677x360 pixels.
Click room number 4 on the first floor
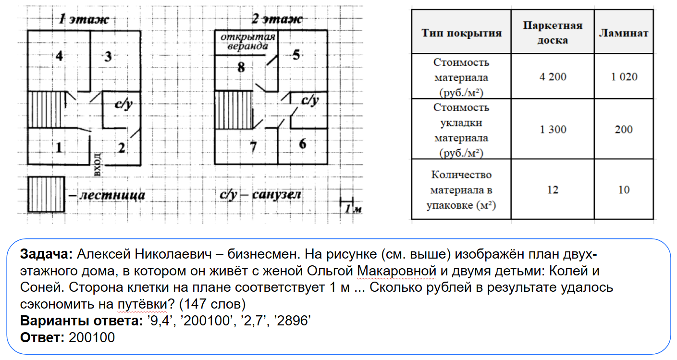(x=59, y=56)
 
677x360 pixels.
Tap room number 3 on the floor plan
(x=109, y=57)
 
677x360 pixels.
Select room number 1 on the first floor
(x=59, y=147)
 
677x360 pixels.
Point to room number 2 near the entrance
(x=122, y=148)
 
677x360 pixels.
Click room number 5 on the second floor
(x=296, y=55)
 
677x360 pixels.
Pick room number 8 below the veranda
(x=241, y=68)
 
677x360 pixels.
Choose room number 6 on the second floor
(x=302, y=143)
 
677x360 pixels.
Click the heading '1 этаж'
(x=84, y=20)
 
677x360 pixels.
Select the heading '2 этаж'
(x=277, y=20)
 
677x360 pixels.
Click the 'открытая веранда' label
(x=248, y=42)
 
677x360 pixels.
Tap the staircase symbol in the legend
(x=46, y=194)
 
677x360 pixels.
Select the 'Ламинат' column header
(x=623, y=33)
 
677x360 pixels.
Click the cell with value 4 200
(x=552, y=77)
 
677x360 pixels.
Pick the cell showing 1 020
(x=624, y=77)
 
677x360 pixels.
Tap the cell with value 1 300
(x=552, y=130)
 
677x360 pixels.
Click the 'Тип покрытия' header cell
(x=461, y=33)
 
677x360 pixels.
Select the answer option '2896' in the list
(x=294, y=321)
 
